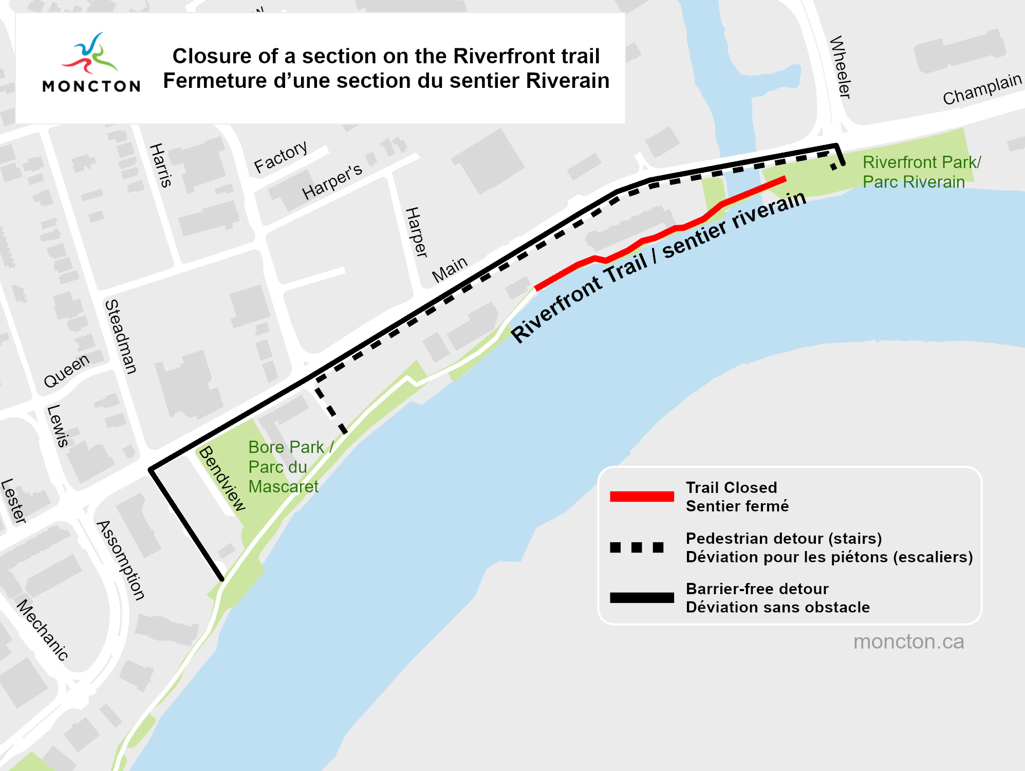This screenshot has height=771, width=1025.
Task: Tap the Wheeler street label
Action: click(841, 67)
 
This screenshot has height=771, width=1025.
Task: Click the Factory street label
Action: click(281, 157)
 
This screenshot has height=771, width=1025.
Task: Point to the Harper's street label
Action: click(332, 182)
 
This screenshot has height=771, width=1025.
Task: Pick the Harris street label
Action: click(160, 165)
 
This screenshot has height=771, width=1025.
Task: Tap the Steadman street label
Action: click(121, 336)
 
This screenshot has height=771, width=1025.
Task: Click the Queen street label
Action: click(66, 371)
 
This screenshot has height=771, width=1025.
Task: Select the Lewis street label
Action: click(58, 426)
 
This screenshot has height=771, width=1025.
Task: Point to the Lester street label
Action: click(13, 501)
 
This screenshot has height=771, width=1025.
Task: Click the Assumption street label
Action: click(121, 560)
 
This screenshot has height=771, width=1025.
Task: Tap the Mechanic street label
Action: click(43, 629)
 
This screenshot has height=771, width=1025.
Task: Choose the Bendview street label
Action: click(222, 479)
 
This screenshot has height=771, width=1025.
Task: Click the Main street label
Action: click(450, 269)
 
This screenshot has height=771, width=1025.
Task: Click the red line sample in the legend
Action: click(642, 497)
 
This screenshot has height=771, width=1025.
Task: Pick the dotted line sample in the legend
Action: click(637, 547)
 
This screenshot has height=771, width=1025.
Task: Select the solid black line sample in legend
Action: click(642, 598)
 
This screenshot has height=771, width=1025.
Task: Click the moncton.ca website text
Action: click(908, 641)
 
